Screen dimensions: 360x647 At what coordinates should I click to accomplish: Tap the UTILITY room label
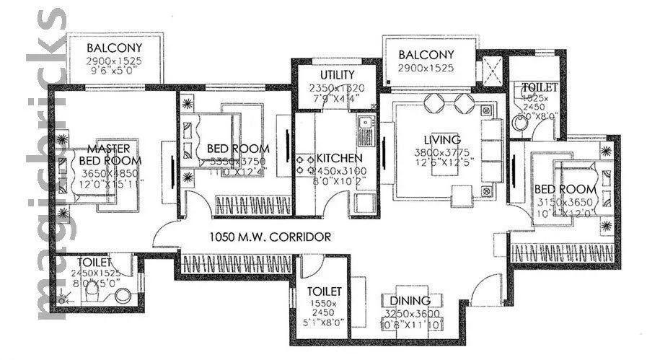(336, 75)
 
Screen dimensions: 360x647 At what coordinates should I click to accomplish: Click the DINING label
(409, 301)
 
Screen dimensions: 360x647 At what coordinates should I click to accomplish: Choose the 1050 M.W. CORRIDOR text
(270, 236)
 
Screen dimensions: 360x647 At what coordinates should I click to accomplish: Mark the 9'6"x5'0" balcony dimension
(113, 72)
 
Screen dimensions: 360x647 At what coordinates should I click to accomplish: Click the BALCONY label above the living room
(426, 55)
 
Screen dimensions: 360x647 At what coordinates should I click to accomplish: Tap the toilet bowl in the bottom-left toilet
(123, 295)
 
